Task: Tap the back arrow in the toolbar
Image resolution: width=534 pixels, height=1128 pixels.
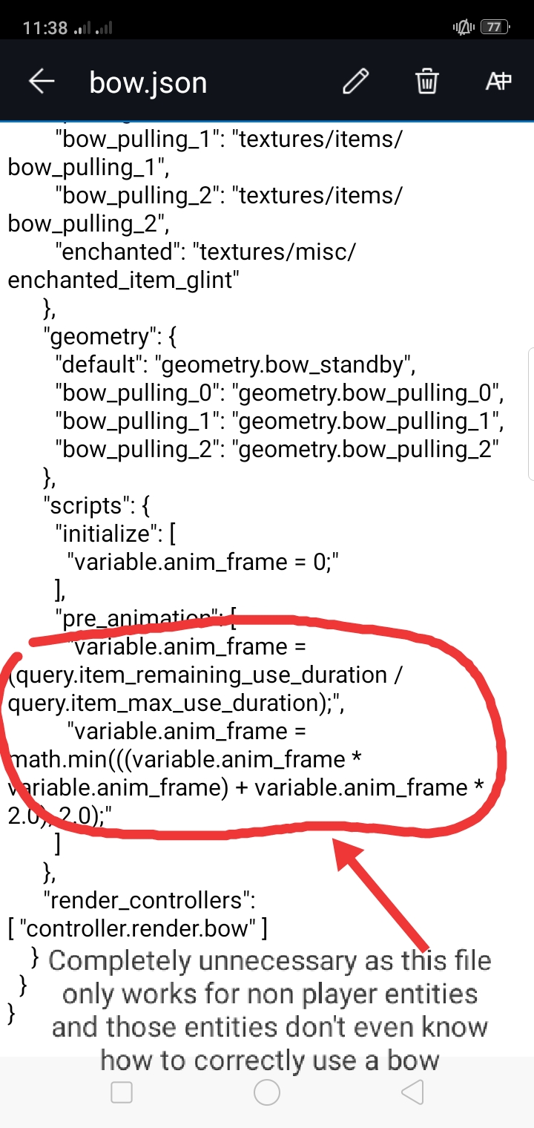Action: point(42,82)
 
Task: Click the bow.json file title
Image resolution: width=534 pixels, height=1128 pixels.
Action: point(148,82)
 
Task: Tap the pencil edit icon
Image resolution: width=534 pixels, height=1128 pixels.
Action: point(356,82)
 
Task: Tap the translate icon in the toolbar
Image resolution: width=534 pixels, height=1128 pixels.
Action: point(498,82)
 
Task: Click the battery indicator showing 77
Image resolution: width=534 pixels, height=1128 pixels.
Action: point(494,28)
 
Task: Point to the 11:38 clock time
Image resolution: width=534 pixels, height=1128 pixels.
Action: point(45,29)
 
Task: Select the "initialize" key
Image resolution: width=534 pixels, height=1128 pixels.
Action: point(107,534)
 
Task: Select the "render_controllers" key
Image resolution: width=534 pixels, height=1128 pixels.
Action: point(149,900)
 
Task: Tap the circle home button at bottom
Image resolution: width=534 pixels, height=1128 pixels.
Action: point(267,1092)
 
